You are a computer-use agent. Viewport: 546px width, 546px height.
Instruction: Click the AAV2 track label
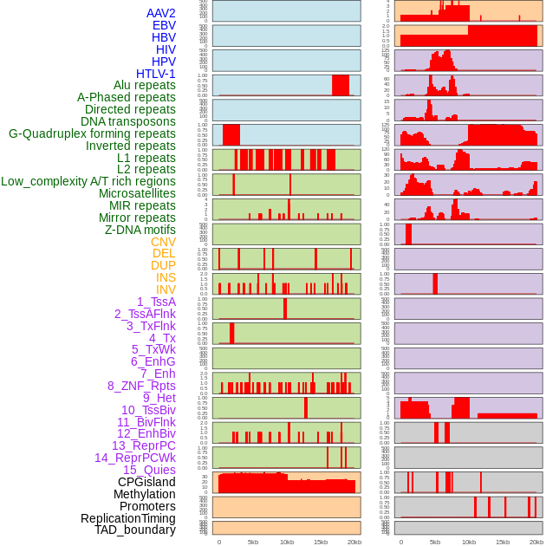[161, 13]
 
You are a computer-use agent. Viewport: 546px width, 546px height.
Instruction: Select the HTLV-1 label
[156, 74]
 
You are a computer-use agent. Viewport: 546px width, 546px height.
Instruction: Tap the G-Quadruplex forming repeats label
[92, 133]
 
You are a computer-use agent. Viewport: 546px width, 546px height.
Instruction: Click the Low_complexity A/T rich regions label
[88, 181]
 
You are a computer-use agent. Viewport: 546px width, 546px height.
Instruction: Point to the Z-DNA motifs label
[140, 230]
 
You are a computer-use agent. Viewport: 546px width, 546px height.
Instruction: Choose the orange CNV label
[163, 242]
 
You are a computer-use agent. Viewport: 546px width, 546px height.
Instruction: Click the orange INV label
[166, 289]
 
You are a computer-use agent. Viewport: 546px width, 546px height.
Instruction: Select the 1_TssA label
[156, 302]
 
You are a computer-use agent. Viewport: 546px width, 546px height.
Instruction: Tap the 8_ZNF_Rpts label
[141, 386]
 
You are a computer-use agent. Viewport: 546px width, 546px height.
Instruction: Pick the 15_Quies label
[149, 470]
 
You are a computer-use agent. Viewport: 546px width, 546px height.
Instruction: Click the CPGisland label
[146, 482]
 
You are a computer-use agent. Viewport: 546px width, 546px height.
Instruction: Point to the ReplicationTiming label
[128, 518]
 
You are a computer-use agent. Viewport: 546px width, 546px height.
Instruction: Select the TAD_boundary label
[135, 530]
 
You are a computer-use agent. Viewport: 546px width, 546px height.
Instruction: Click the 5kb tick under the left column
[253, 542]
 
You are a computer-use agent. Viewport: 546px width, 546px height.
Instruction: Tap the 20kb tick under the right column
[536, 542]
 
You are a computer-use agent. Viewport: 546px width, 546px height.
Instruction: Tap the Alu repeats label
[145, 85]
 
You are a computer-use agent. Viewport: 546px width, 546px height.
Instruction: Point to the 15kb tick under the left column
[321, 542]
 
